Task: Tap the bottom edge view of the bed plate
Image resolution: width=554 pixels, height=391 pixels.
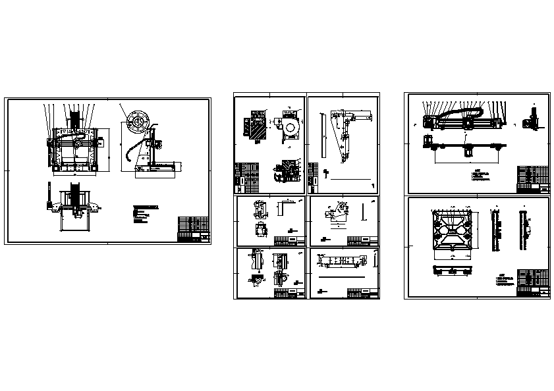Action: pyautogui.click(x=452, y=269)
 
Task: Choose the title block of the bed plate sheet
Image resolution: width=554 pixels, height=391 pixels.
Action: pyautogui.click(x=534, y=282)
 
